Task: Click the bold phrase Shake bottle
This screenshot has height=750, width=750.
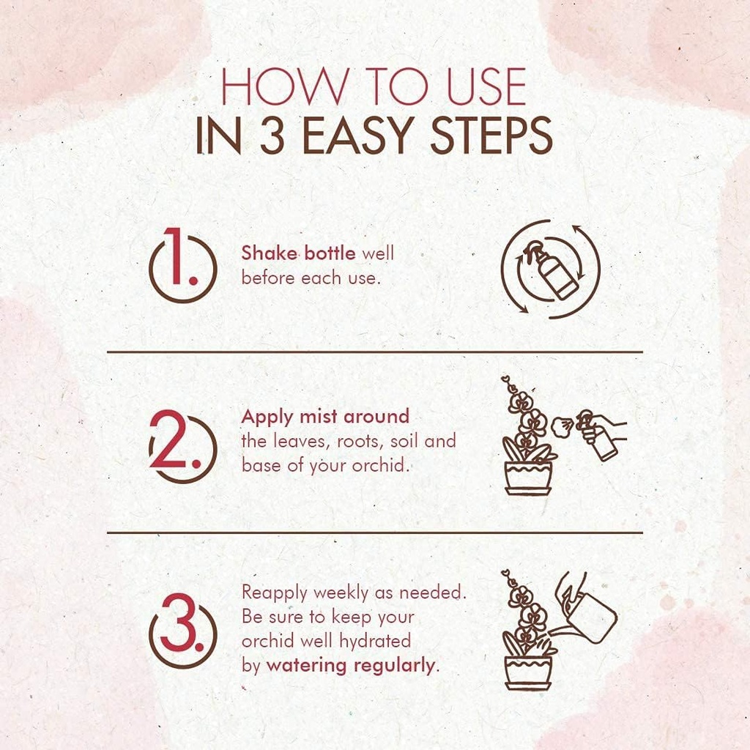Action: [298, 253]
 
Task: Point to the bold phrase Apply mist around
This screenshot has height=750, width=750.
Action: [325, 417]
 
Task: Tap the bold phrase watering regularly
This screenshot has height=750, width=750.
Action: [351, 666]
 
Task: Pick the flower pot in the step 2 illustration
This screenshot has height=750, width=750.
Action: [527, 478]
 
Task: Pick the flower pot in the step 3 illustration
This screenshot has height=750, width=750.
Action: [527, 672]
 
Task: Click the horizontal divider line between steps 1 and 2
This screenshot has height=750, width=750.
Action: [374, 352]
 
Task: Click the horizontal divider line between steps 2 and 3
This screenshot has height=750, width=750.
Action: [374, 532]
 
